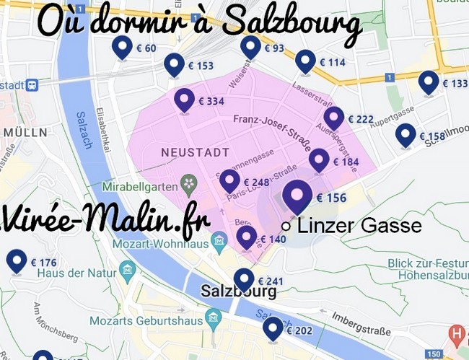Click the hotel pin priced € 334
point(185,100)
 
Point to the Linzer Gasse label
point(359,226)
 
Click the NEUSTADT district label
point(195,153)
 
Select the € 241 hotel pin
point(245,279)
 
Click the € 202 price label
point(299,331)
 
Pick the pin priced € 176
point(17,260)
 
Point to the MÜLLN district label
point(25,132)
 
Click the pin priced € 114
point(305,61)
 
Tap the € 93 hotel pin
point(250,47)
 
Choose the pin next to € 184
point(319,160)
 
